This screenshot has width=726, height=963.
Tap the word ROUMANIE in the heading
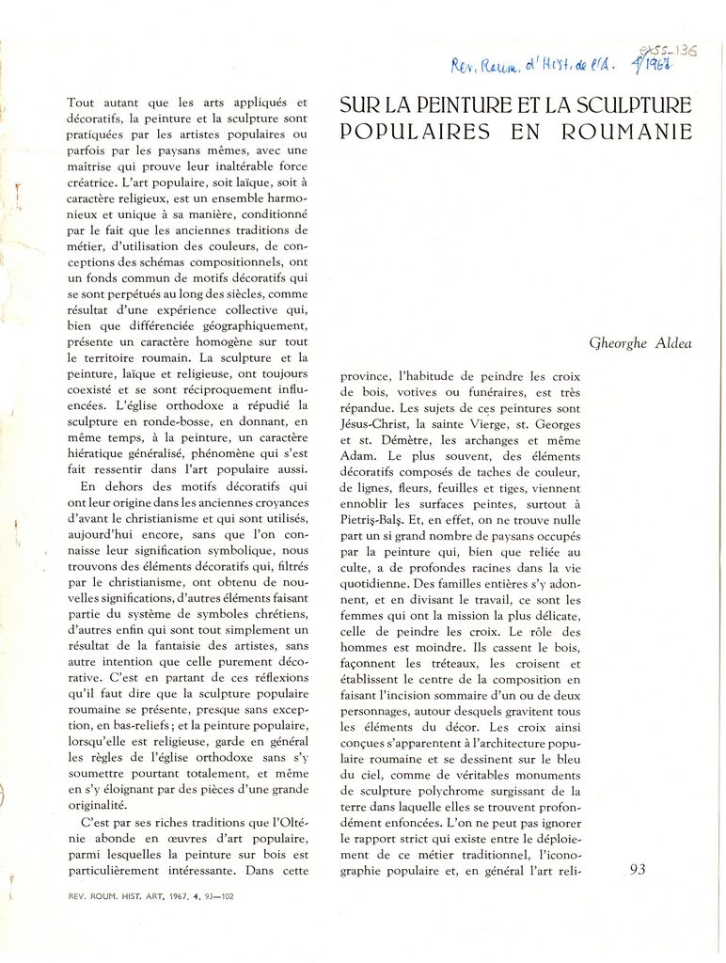click(626, 132)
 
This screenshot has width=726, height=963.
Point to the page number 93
click(637, 870)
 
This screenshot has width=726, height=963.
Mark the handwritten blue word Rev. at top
click(466, 66)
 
